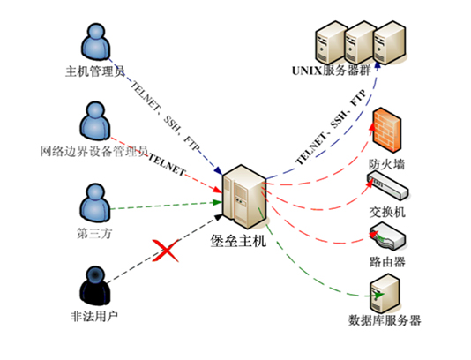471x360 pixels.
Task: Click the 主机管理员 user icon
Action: point(96,41)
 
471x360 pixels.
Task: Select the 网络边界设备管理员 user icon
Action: point(95,121)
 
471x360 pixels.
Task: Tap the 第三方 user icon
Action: point(95,203)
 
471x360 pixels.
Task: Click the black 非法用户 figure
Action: point(95,286)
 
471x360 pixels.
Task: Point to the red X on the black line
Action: point(166,251)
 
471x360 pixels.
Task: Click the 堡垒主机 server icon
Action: point(243,197)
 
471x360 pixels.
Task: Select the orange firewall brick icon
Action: point(387,130)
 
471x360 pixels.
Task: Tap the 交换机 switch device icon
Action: point(388,185)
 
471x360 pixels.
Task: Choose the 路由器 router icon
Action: point(388,236)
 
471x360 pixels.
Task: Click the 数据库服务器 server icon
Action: point(385,293)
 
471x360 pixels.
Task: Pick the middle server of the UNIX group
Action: point(361,42)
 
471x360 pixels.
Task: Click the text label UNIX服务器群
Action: point(332,71)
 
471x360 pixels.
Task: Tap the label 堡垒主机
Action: point(238,241)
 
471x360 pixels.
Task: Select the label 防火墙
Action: point(387,165)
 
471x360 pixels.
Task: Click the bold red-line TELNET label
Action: point(167,165)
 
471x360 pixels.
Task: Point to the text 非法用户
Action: point(94,316)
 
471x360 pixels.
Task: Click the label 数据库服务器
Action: point(385,320)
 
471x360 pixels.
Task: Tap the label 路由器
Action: point(387,262)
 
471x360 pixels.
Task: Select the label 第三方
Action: point(94,234)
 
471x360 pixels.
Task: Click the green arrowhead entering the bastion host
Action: point(217,202)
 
